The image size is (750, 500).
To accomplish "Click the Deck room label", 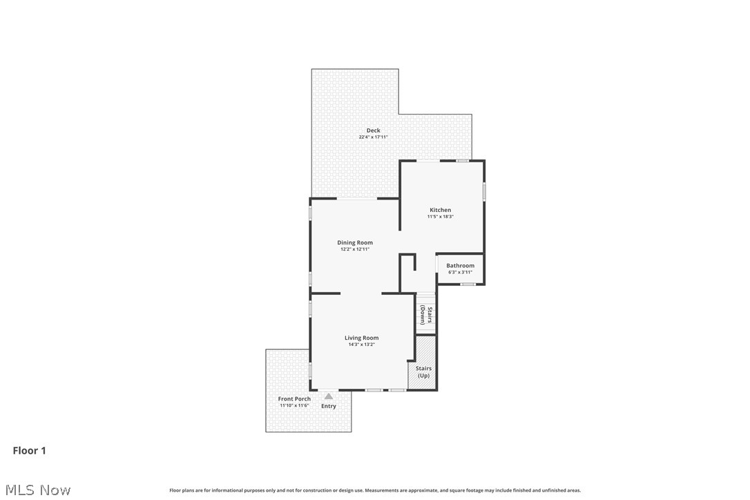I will (373, 131).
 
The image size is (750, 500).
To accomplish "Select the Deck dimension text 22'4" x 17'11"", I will (373, 137).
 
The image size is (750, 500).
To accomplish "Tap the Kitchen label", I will (441, 210).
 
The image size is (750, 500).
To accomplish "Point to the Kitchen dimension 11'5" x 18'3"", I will (441, 217).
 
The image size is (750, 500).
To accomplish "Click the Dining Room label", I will (355, 242).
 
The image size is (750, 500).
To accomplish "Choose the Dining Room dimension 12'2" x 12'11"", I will (355, 249).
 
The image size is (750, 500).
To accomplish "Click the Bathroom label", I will (460, 266).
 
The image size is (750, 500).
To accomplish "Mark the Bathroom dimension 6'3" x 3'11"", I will (460, 273).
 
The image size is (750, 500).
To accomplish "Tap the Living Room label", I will (362, 338).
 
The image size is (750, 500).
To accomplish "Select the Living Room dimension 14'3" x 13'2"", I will (362, 345).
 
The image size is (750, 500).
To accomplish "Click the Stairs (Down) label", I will (426, 316).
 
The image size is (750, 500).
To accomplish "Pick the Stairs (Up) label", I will (423, 372).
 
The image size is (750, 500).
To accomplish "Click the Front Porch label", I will (294, 399).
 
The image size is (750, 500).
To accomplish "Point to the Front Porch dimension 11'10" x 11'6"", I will (294, 406).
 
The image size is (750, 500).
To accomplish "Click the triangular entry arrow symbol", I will (329, 396).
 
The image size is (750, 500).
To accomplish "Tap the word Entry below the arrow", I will (329, 406).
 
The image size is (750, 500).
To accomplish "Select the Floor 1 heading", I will (30, 451).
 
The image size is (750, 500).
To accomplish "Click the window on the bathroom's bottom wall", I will (468, 285).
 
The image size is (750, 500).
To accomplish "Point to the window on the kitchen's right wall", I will (484, 191).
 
